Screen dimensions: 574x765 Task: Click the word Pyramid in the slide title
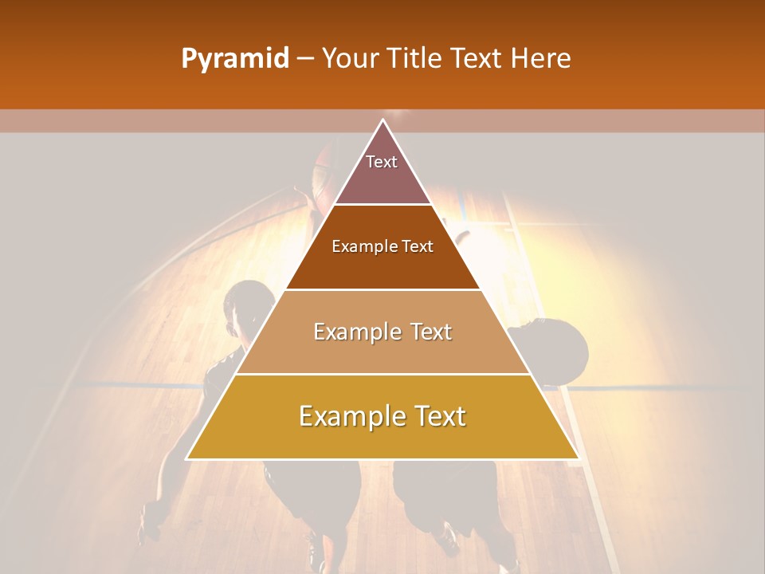coord(235,59)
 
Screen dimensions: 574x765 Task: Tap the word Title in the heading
coord(415,58)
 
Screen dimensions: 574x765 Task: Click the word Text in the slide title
coord(478,58)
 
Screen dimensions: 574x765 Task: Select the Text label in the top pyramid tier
coord(382,162)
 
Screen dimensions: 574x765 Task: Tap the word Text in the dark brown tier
coord(418,246)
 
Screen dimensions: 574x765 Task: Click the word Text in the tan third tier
coord(431,332)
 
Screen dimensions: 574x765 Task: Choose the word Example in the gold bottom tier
coord(348,417)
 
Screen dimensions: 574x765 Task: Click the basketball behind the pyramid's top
coord(327,171)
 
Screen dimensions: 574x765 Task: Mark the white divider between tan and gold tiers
coord(383,374)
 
